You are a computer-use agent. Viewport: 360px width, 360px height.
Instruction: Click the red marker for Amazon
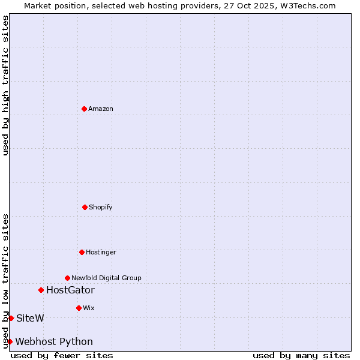pyautogui.click(x=84, y=109)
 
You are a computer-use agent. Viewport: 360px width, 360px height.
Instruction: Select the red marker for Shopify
pyautogui.click(x=85, y=207)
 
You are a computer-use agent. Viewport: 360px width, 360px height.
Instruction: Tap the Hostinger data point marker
pyautogui.click(x=82, y=252)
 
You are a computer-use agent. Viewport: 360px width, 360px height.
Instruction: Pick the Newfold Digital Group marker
pyautogui.click(x=67, y=278)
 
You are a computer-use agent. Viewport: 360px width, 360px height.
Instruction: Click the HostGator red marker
pyautogui.click(x=41, y=290)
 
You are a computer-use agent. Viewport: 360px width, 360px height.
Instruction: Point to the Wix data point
pyautogui.click(x=79, y=308)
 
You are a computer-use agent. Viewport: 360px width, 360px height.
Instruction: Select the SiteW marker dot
pyautogui.click(x=11, y=318)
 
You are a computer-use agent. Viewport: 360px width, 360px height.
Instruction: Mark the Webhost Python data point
pyautogui.click(x=10, y=341)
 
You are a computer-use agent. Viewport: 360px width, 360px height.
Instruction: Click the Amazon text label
pyautogui.click(x=101, y=109)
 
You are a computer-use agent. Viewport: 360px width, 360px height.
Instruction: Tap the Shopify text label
pyautogui.click(x=101, y=207)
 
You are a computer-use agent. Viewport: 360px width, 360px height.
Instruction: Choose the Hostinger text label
pyautogui.click(x=101, y=252)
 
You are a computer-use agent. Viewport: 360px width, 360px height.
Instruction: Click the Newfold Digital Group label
pyautogui.click(x=106, y=278)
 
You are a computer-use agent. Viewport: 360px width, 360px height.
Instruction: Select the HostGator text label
pyautogui.click(x=70, y=290)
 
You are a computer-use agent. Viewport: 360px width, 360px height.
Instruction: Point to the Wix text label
pyautogui.click(x=89, y=308)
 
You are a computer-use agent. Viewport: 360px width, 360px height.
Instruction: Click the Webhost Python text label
pyautogui.click(x=54, y=342)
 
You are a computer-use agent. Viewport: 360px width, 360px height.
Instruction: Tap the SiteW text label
pyautogui.click(x=30, y=318)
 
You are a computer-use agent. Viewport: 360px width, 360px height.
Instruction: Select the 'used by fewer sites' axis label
pyautogui.click(x=62, y=355)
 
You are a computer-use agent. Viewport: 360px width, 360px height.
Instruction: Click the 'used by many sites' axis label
pyautogui.click(x=301, y=355)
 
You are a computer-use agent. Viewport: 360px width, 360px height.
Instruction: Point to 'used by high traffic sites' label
pyautogui.click(x=5, y=85)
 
